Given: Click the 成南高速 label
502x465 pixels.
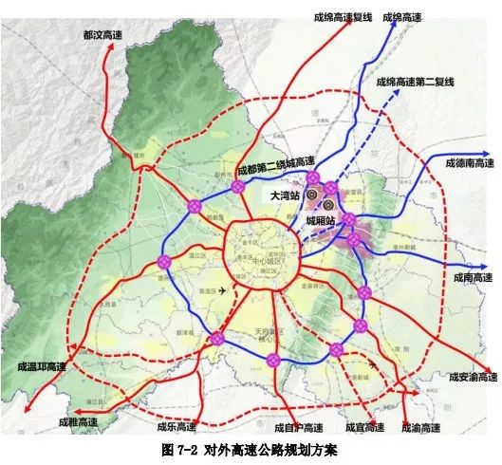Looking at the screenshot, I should pyautogui.click(x=473, y=278).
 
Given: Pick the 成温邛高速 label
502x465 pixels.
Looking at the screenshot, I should pyautogui.click(x=42, y=365).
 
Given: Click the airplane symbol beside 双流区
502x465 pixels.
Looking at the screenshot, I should pyautogui.click(x=222, y=290).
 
